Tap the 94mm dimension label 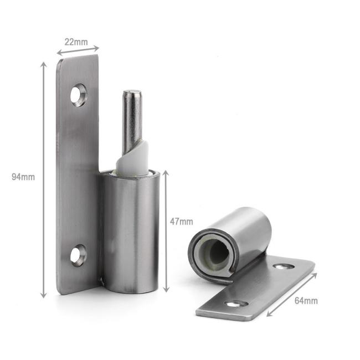23,177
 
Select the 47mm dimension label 181,222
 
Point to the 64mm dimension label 306,301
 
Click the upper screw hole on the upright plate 78,95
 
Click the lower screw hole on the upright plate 78,255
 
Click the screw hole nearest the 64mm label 283,266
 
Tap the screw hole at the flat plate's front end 236,304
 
